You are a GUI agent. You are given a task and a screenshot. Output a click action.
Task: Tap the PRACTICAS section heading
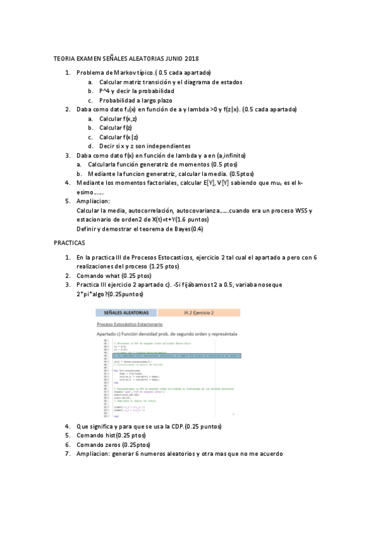point(70,242)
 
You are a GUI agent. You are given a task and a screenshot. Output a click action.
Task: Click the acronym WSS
point(299,210)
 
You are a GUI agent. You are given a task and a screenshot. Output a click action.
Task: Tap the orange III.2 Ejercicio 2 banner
point(199,312)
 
